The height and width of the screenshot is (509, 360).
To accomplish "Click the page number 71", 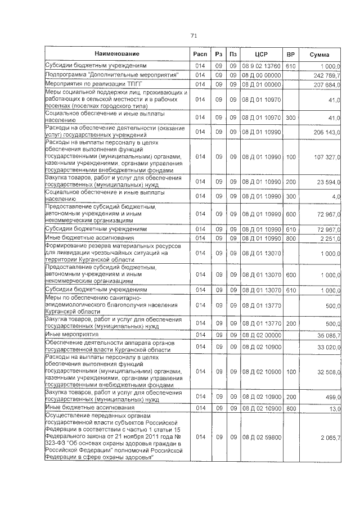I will [x=193, y=35].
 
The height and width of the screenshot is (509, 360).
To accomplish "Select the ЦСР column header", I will [x=260, y=54].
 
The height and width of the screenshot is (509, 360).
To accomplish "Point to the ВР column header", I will [x=291, y=54].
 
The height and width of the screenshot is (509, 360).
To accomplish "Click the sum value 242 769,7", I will [x=326, y=75].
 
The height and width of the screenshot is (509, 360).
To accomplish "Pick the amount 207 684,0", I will [x=326, y=84].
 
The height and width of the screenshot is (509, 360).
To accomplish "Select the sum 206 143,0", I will [x=326, y=132].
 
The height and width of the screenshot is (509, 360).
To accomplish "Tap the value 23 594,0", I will [x=328, y=182].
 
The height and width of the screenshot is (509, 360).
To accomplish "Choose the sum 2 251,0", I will [x=330, y=238].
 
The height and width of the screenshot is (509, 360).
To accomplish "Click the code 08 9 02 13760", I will [x=261, y=66].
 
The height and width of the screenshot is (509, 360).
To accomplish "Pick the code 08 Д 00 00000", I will [x=261, y=75].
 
